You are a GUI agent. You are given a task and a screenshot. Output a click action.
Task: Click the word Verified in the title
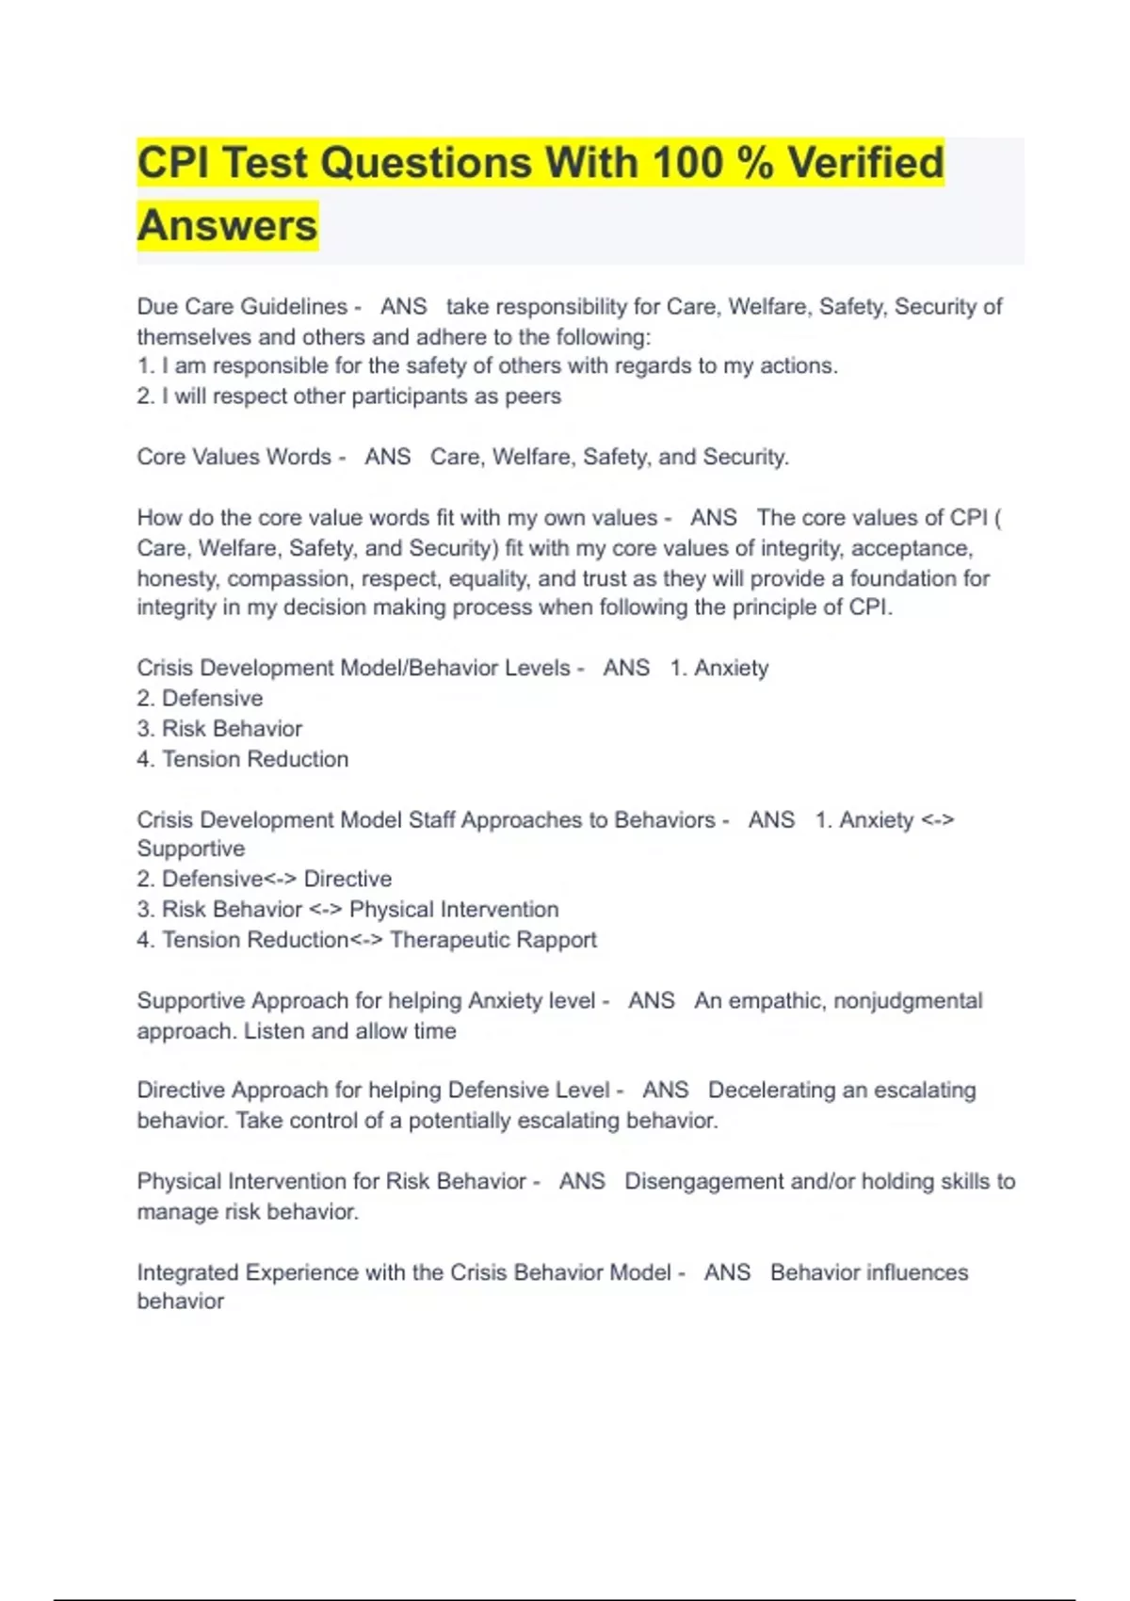(x=865, y=162)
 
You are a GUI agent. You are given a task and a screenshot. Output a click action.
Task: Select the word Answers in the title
(x=228, y=225)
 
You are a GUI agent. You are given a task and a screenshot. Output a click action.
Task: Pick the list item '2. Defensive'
(x=200, y=699)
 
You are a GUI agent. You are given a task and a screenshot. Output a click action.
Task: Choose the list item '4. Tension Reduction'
(x=242, y=759)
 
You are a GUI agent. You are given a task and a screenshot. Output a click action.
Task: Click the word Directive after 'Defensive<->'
(x=347, y=880)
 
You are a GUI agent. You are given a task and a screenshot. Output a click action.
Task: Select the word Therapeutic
(x=446, y=940)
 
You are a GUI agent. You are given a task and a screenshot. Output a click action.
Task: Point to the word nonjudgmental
(x=908, y=1001)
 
